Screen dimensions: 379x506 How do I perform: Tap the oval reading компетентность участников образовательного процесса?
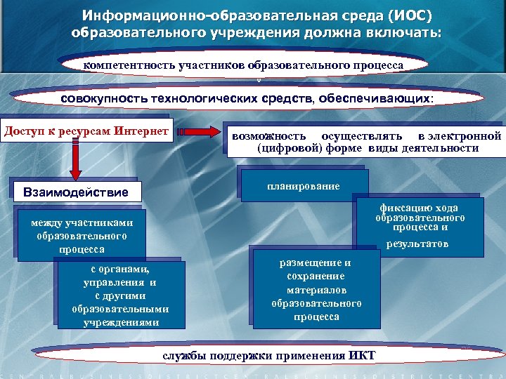(x=243, y=65)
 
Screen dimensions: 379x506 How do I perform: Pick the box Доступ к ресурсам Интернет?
(x=86, y=132)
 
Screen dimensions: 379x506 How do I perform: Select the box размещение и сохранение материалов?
(x=316, y=289)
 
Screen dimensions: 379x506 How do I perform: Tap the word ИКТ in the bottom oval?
(x=362, y=355)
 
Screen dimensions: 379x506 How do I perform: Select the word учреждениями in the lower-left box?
(x=120, y=322)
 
